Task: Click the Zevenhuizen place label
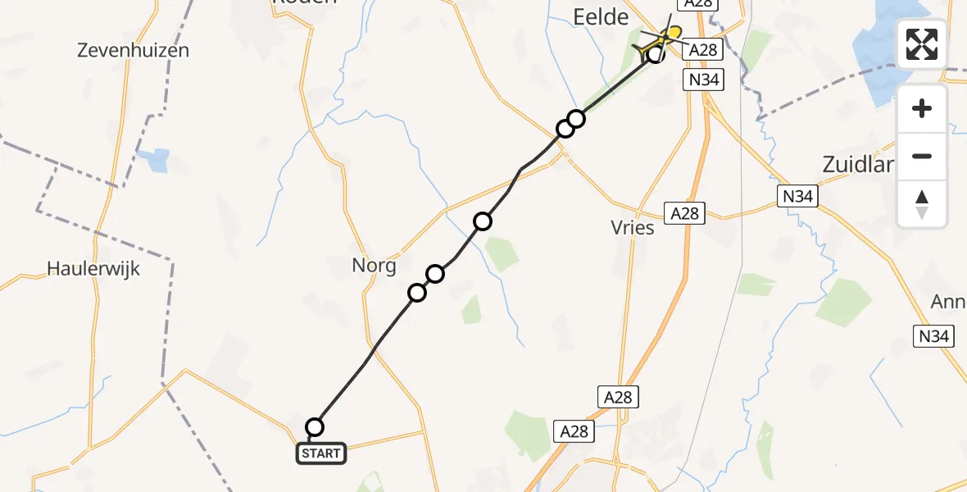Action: [133, 50]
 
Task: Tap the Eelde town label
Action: [601, 17]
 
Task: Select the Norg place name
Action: [374, 266]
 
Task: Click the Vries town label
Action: [633, 228]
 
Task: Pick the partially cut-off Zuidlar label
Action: [856, 164]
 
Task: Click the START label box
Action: [321, 453]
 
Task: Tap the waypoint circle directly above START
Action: [315, 426]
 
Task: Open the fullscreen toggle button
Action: [922, 44]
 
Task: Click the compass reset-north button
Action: [922, 204]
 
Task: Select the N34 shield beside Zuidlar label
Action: [797, 196]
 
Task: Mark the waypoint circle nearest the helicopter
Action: [656, 54]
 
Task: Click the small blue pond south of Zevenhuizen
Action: [156, 157]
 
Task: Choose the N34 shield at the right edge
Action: [934, 335]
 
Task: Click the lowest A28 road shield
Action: [574, 430]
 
